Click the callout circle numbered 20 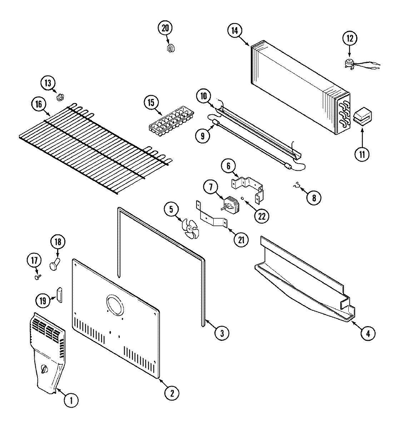pos(165,28)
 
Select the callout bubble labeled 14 pos(234,31)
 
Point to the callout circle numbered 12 pos(350,39)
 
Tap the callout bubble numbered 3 pos(222,333)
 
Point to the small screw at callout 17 pos(37,276)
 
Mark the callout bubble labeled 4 pos(368,333)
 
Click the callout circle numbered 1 pos(71,400)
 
